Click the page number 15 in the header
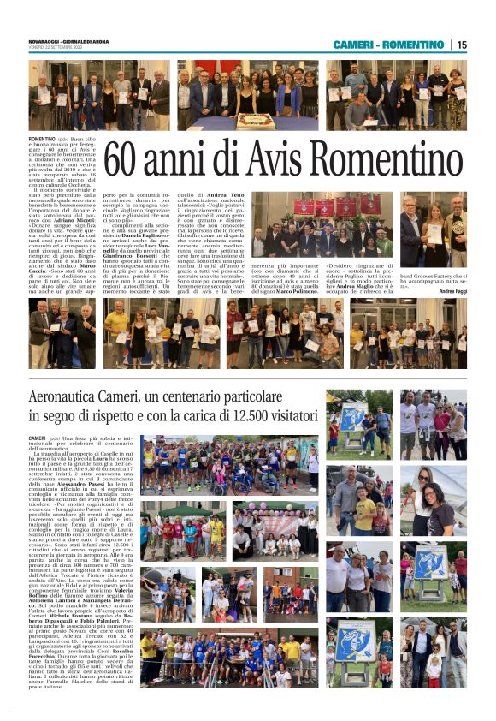pos(462,45)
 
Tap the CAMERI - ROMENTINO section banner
pos(388,45)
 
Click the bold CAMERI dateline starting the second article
pos(37,438)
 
